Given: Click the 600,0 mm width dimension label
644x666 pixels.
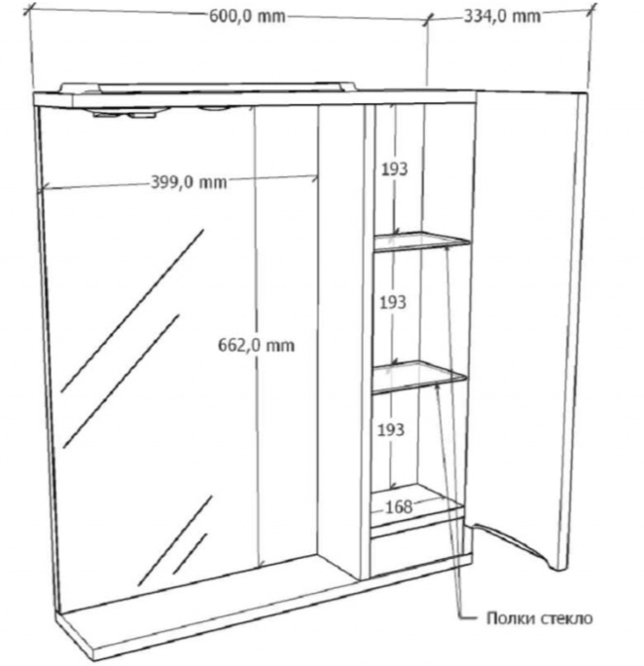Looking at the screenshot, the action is (x=247, y=17).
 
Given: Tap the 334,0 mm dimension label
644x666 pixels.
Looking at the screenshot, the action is (x=502, y=17).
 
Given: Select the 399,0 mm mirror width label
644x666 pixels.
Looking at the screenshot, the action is (x=189, y=182).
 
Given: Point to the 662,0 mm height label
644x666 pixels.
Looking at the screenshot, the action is (x=256, y=345).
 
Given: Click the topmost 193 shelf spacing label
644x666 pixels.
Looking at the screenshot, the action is (x=395, y=169).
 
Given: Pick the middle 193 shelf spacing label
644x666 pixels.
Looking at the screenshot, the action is (x=393, y=303).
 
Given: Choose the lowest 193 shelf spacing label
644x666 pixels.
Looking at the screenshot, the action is (x=391, y=429).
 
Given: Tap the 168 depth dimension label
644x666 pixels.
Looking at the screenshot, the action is (x=399, y=506).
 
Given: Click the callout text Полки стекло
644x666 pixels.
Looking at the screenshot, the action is (x=539, y=618).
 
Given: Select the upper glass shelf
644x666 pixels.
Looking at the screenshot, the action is (x=421, y=241).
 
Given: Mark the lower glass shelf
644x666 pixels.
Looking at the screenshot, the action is (x=419, y=377).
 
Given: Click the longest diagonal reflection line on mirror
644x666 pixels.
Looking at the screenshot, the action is (x=132, y=311).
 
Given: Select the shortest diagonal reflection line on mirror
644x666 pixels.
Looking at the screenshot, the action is (x=190, y=554).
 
